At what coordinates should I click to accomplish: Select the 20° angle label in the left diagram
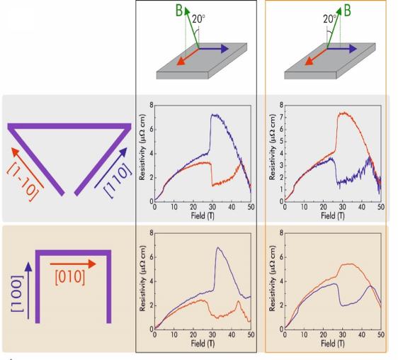pos(198,19)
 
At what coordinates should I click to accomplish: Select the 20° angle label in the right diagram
pos(326,19)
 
